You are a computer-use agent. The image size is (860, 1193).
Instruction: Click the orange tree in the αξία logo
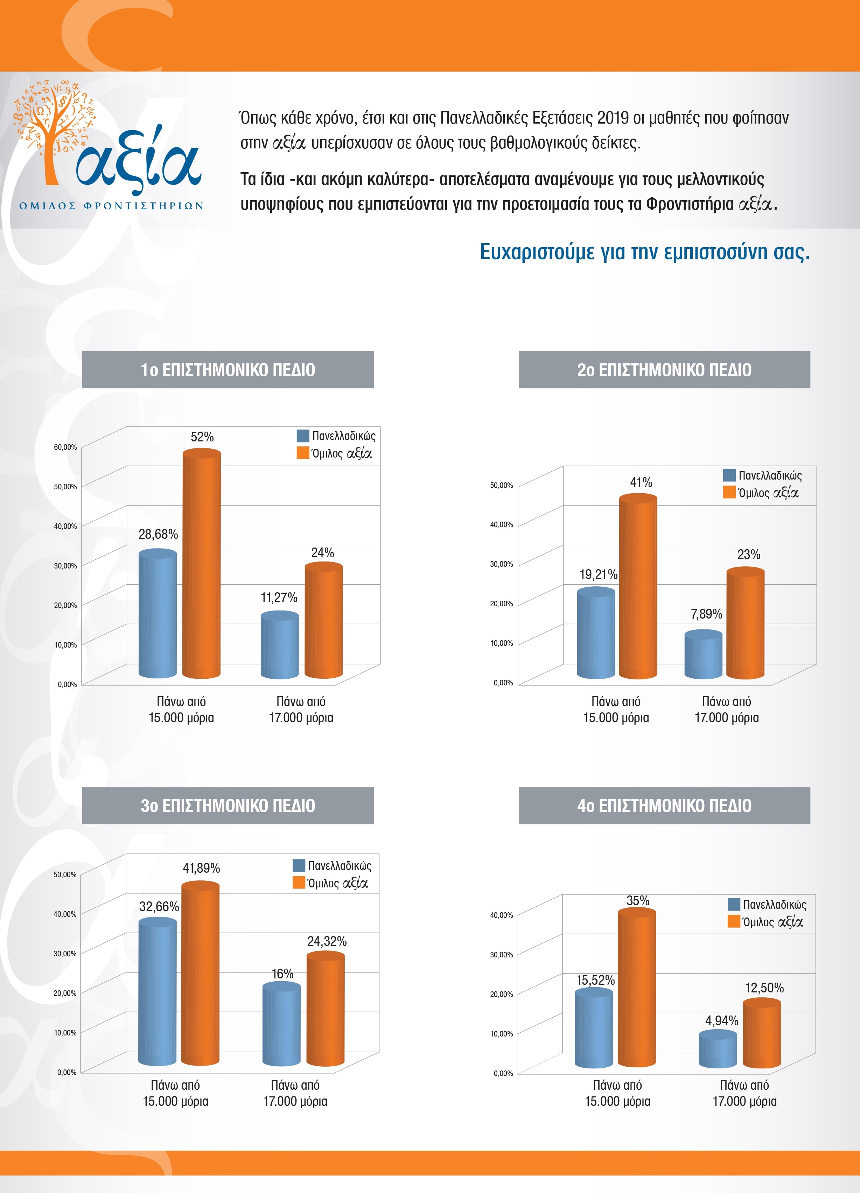pyautogui.click(x=53, y=132)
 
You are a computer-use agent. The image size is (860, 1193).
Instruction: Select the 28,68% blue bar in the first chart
pyautogui.click(x=157, y=613)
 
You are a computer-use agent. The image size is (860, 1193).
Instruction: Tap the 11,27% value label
pyautogui.click(x=279, y=598)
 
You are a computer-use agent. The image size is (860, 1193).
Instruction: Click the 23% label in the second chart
pyautogui.click(x=748, y=554)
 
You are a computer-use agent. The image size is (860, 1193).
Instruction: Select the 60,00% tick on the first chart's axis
pyautogui.click(x=65, y=447)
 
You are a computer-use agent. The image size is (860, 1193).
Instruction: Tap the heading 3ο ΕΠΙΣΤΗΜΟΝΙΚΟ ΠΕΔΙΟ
pyautogui.click(x=228, y=806)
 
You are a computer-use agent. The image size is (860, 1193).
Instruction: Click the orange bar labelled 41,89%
pyautogui.click(x=201, y=973)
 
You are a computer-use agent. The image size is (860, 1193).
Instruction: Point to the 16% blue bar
pyautogui.click(x=281, y=1023)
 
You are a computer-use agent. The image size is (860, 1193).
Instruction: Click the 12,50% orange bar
pyautogui.click(x=762, y=1034)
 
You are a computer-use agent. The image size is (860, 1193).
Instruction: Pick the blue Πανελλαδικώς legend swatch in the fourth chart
pyautogui.click(x=734, y=904)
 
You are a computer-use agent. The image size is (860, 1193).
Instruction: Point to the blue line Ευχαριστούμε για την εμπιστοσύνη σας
pyautogui.click(x=644, y=252)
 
